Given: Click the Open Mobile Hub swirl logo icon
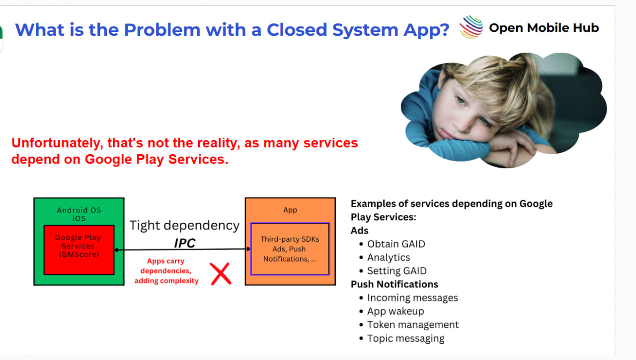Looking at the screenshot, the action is (471, 27).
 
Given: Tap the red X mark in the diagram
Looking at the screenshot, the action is (221, 273).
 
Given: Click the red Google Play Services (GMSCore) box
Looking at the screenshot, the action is (79, 250).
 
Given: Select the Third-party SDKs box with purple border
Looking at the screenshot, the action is (290, 249).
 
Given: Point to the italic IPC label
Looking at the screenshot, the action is (184, 243).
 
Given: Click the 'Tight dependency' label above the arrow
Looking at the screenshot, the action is (184, 226).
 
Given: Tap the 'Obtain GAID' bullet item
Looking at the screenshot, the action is (396, 244).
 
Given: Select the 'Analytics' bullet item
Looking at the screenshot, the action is (389, 257).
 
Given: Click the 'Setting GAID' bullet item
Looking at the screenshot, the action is (397, 271).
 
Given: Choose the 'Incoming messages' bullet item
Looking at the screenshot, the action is (412, 297).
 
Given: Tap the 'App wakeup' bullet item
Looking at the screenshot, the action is (395, 311).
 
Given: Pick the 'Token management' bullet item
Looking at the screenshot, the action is (413, 325).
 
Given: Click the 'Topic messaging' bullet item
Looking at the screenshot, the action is (405, 338).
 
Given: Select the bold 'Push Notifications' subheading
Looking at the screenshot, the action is (395, 284).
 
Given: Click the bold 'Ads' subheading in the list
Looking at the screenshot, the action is (359, 230).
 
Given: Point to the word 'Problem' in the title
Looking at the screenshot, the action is (162, 29).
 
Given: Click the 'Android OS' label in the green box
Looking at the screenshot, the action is (79, 210).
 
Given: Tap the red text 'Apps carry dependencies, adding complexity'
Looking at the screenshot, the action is (166, 271).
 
